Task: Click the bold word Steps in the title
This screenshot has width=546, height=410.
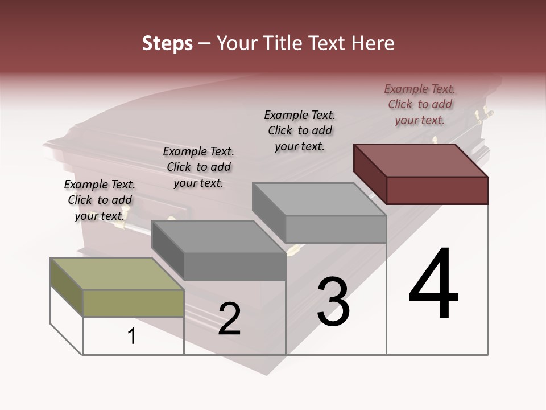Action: (167, 43)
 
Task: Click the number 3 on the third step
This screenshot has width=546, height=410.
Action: (333, 302)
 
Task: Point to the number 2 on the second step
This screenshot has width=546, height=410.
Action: (229, 319)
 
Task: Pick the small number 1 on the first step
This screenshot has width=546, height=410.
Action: (132, 337)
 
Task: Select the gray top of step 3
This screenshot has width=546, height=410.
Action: (319, 199)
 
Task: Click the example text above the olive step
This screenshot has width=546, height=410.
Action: (100, 200)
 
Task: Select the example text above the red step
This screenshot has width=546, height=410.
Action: (420, 104)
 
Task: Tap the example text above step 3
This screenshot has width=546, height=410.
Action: (300, 130)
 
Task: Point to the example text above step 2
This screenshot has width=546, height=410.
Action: (198, 167)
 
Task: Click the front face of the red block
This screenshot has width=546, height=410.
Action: (437, 190)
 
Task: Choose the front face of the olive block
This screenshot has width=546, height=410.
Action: (133, 303)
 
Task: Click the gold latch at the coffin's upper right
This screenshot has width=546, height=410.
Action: (485, 114)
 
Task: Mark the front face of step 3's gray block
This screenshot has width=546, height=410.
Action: (336, 229)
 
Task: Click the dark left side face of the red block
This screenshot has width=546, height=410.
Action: (370, 174)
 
